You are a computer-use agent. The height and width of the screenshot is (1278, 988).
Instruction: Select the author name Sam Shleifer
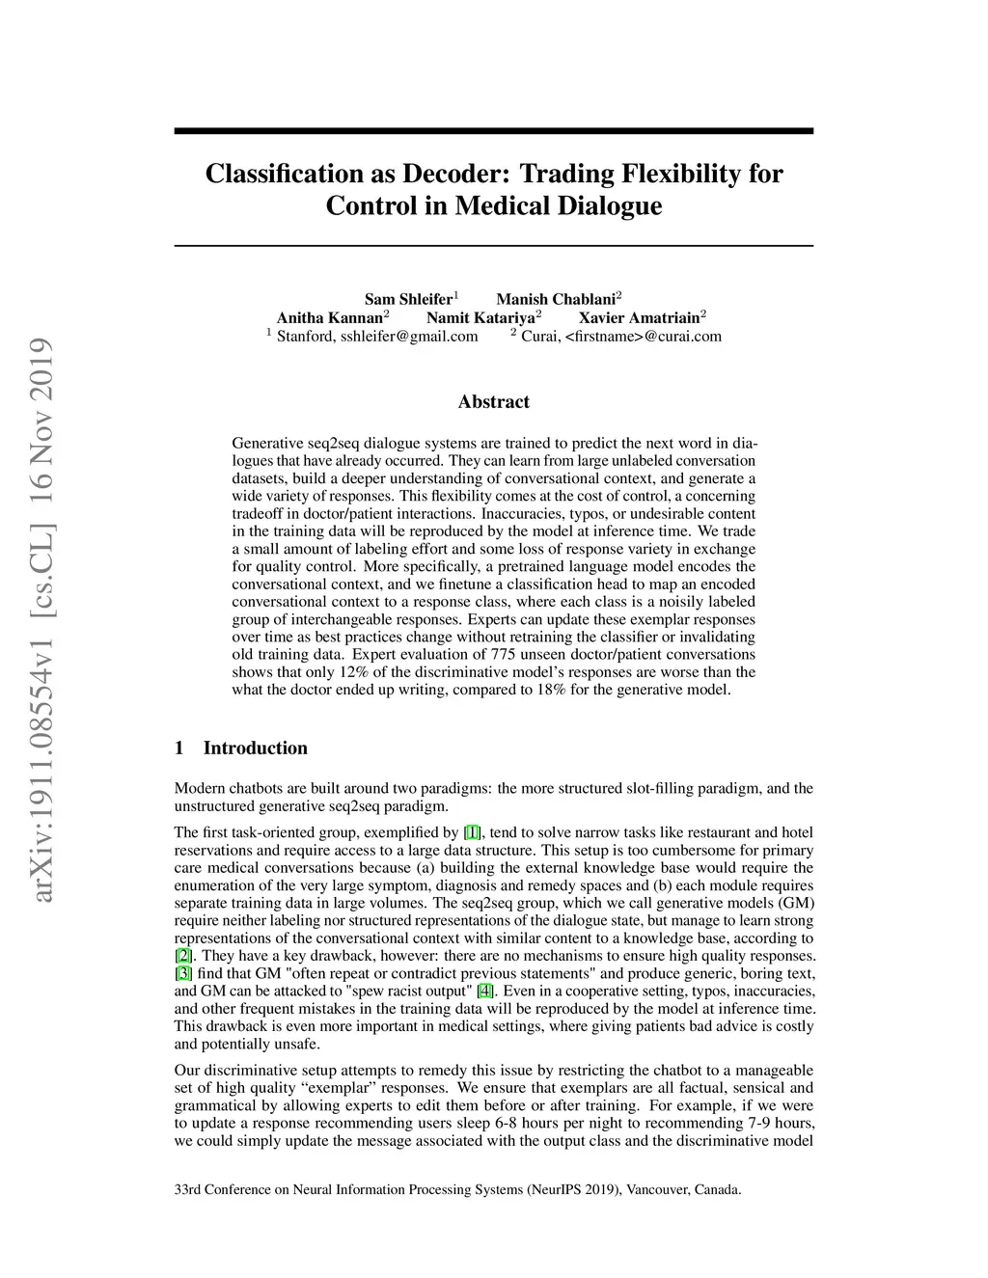407,299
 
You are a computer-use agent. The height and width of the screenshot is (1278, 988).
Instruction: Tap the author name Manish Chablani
555,299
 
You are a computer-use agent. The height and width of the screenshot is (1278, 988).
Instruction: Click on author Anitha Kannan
329,317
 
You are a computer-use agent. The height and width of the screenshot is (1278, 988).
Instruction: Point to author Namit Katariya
480,317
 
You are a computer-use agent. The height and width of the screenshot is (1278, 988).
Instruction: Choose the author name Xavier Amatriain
639,317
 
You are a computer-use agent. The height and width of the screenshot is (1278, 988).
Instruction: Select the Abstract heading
493,402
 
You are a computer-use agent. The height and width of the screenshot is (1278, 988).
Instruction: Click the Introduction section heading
255,748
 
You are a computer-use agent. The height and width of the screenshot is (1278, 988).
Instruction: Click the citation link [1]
472,832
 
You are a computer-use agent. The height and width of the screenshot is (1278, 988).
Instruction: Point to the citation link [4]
485,991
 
